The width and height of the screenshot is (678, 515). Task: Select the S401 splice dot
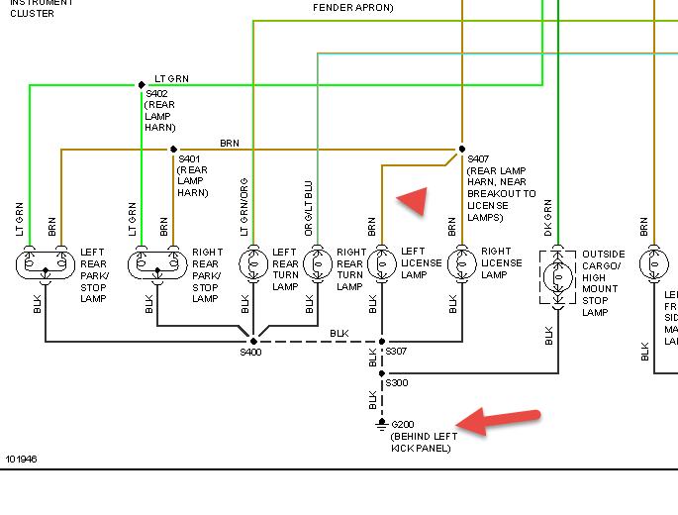173,150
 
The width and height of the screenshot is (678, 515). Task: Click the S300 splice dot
382,373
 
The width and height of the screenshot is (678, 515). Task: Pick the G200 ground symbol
382,425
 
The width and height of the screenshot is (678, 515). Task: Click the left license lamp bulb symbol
382,264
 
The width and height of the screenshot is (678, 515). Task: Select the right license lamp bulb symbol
462,264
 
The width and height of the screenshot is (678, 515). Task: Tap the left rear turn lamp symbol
253,264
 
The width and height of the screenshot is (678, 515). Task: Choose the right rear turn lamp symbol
318,264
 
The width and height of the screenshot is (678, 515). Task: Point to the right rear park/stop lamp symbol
157,264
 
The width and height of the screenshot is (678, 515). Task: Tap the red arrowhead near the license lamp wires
411,200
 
